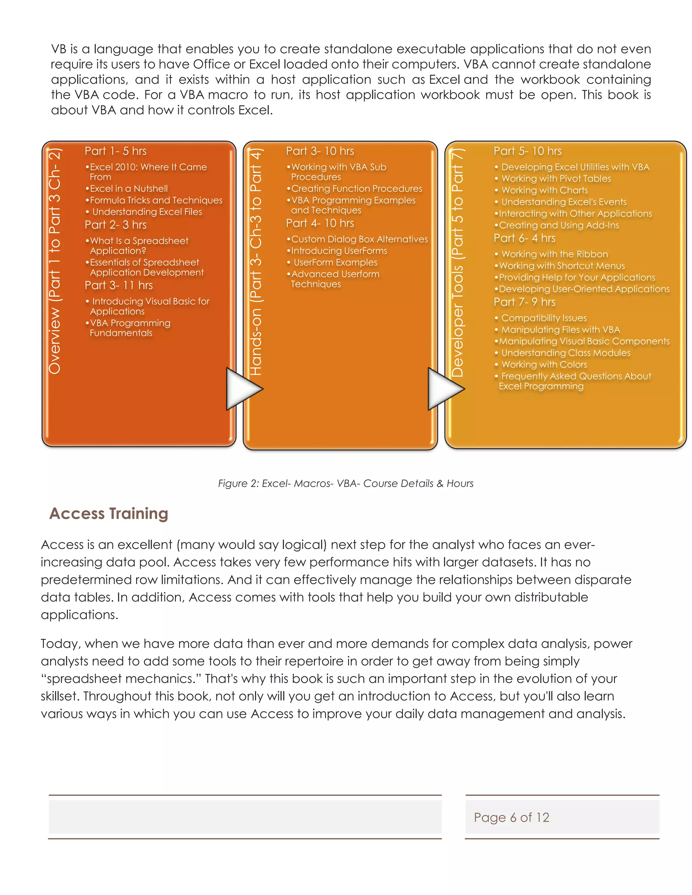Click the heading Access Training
(x=109, y=513)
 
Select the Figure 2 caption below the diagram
(x=346, y=484)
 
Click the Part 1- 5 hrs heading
(x=116, y=151)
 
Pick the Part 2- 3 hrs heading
(x=116, y=225)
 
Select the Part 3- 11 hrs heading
(x=119, y=285)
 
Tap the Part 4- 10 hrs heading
(x=320, y=223)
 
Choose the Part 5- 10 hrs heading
(x=527, y=151)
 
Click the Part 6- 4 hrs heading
(x=524, y=238)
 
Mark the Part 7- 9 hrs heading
(x=524, y=302)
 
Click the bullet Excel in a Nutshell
(x=129, y=188)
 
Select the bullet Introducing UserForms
(x=339, y=251)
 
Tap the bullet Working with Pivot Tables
(x=556, y=179)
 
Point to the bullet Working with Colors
(x=544, y=365)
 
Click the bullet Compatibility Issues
(x=544, y=318)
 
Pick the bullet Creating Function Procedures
(x=356, y=188)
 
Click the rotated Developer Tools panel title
(x=458, y=262)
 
